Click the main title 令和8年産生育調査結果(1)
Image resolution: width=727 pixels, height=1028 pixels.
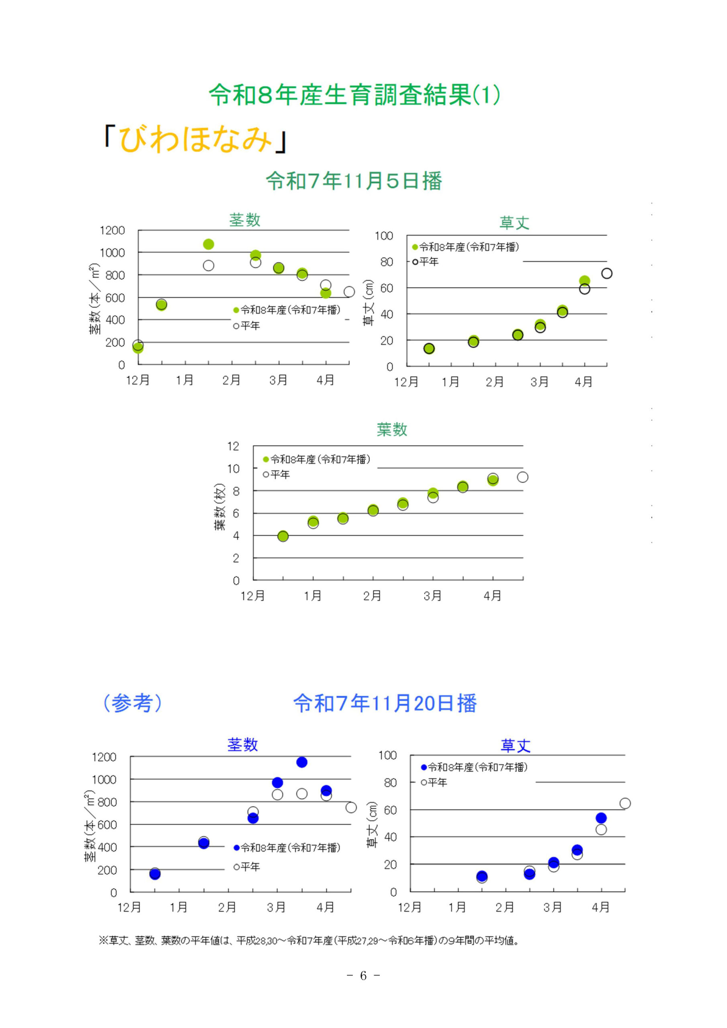(x=354, y=95)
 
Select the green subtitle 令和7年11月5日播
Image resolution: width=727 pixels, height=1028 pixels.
(x=354, y=181)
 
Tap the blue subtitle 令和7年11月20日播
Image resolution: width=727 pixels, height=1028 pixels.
(x=385, y=703)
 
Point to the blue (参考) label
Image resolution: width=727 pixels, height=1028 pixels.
(x=132, y=703)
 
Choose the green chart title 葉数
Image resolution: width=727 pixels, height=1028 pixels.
(x=392, y=429)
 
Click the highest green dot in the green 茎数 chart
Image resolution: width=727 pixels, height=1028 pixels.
(x=208, y=244)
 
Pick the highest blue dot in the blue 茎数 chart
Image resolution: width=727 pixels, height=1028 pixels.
(x=302, y=762)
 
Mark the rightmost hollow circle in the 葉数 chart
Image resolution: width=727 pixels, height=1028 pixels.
(x=522, y=477)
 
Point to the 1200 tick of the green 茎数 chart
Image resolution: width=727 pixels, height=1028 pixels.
(x=112, y=230)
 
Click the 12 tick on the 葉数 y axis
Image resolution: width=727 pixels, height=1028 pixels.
(x=233, y=446)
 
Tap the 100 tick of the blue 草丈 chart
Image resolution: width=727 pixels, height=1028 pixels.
(x=388, y=755)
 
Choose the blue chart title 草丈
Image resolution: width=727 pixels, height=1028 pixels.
(x=515, y=745)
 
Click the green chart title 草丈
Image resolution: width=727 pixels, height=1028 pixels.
(x=514, y=222)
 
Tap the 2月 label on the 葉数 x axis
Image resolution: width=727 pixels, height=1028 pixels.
(x=373, y=596)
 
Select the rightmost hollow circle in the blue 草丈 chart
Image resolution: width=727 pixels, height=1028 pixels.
(x=625, y=803)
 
